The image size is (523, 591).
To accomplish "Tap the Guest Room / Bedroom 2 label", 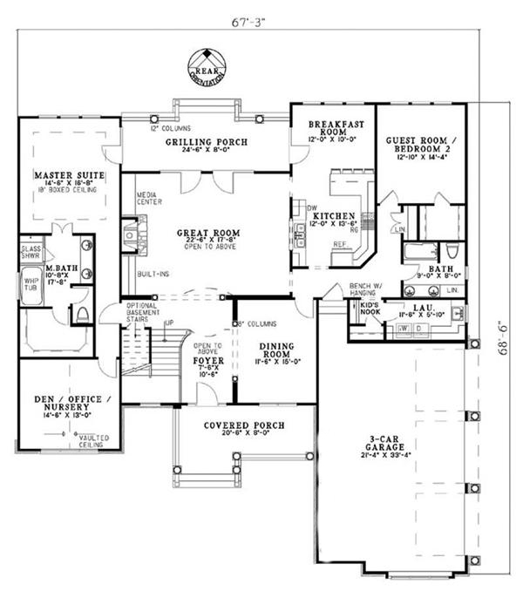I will [422, 145].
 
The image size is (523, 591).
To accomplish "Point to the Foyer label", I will [209, 360].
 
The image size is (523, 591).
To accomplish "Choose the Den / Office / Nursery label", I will [68, 404].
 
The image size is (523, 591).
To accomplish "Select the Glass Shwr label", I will [31, 252].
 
